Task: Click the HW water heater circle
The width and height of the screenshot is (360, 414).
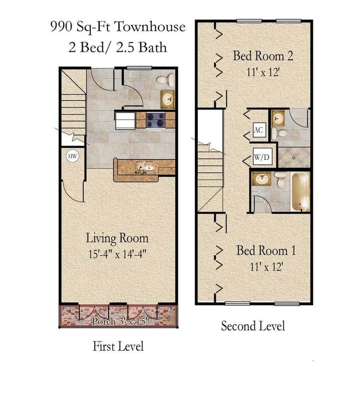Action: (72, 157)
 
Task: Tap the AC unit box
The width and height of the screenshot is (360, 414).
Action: (259, 130)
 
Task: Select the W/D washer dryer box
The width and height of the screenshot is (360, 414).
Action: (261, 158)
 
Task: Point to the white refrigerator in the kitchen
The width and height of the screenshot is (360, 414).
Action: (125, 120)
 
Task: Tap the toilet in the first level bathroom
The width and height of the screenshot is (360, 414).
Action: (163, 81)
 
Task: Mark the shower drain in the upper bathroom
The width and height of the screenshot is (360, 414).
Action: (294, 157)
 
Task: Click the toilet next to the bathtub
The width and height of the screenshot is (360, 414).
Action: (280, 180)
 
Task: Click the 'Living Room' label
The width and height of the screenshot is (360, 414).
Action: (117, 239)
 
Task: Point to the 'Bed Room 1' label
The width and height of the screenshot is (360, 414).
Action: (266, 251)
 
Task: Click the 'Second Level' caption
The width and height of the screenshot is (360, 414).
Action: (253, 326)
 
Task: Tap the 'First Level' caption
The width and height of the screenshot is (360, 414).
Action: (118, 346)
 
